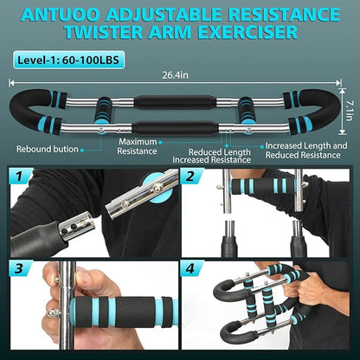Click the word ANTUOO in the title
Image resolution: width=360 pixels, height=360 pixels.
(67, 15)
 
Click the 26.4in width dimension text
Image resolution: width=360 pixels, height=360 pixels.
(179, 74)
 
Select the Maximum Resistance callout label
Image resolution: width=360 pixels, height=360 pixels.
(138, 146)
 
